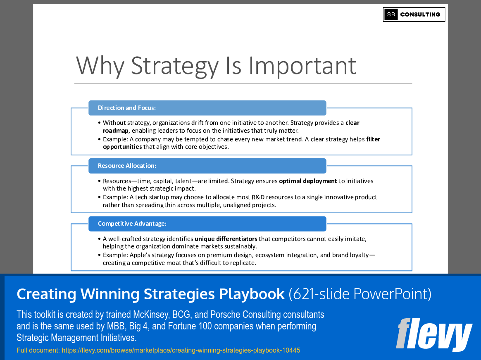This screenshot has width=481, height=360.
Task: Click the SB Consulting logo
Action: click(x=414, y=14)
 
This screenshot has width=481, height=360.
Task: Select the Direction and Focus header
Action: click(x=126, y=108)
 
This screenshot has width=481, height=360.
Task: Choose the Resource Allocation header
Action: click(x=127, y=166)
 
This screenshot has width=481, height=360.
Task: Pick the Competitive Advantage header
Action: click(x=132, y=224)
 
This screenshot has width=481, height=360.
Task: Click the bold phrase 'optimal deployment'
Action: click(x=308, y=181)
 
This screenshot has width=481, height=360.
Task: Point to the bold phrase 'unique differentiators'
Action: click(x=226, y=239)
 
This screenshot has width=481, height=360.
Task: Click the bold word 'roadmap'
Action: click(x=116, y=130)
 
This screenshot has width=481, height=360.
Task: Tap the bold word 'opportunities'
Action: click(x=122, y=147)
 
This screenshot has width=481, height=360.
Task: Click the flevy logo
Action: click(x=434, y=334)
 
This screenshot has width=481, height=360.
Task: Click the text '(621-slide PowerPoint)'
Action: click(x=360, y=294)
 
